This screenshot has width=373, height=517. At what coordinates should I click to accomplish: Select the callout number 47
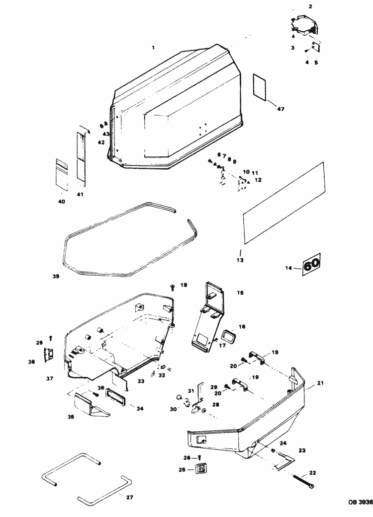[280, 109]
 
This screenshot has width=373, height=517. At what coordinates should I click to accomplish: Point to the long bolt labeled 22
[299, 480]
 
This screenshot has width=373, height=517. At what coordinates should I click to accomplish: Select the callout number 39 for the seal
[56, 276]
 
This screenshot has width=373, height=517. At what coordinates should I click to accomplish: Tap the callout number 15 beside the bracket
[240, 293]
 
